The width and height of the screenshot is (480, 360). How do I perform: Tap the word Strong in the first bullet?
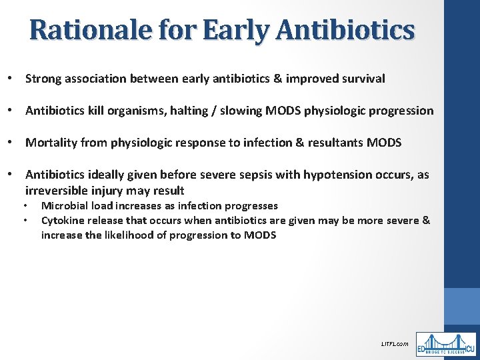(42, 79)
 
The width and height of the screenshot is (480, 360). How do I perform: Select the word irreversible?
(53, 191)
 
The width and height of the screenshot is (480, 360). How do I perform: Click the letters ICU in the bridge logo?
(469, 349)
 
